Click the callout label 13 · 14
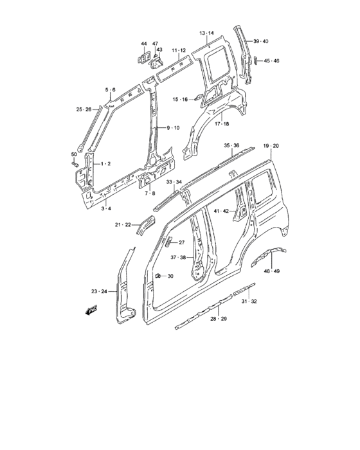206,33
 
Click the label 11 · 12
178,50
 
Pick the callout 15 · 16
180,99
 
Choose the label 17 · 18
222,123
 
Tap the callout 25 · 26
84,108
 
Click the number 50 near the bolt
73,156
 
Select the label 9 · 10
173,128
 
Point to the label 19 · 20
271,146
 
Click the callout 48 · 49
272,271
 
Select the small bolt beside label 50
76,166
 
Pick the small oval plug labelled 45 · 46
256,60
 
